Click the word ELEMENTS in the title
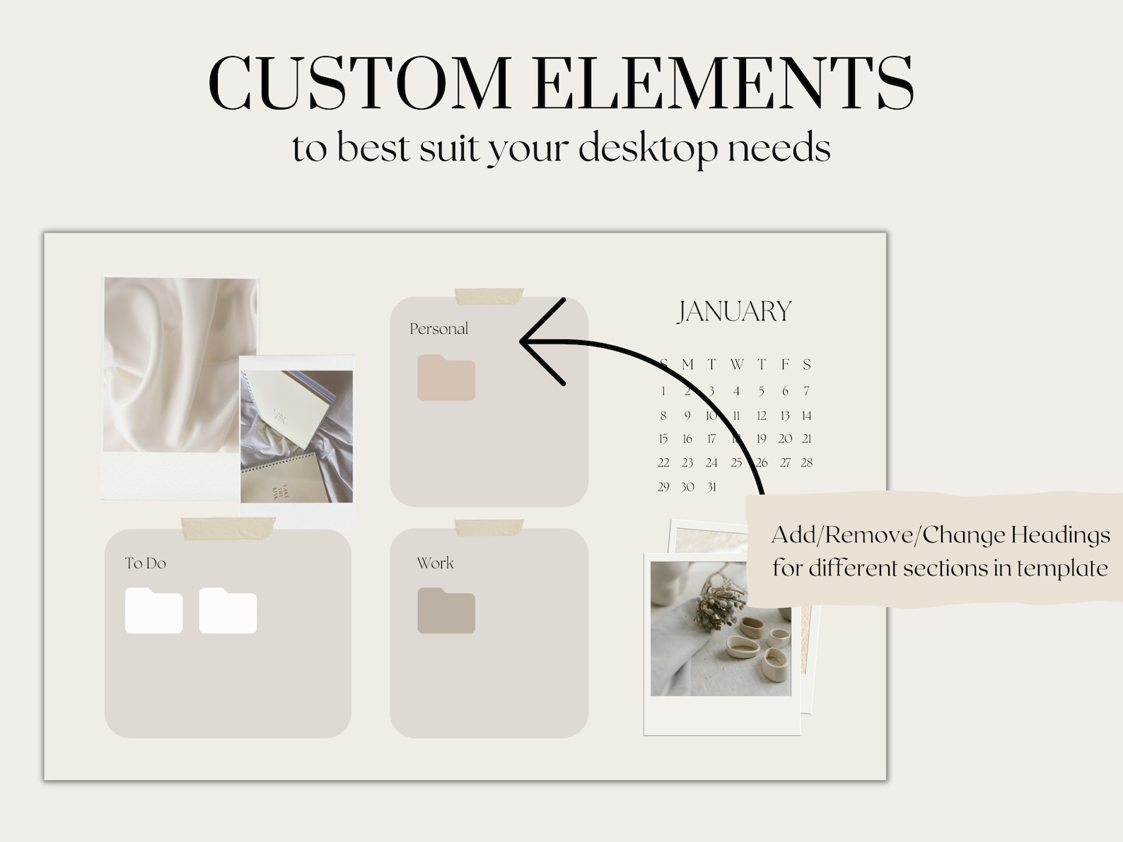(723, 83)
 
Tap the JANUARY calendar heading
(734, 312)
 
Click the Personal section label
(438, 329)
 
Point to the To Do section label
(145, 563)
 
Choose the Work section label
(435, 563)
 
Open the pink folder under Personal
(446, 378)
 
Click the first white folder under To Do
(153, 611)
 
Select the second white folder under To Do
(228, 611)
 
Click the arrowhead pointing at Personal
(527, 341)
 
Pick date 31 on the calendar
(711, 487)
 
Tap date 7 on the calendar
(806, 391)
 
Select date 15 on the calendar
(663, 439)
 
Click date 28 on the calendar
(806, 463)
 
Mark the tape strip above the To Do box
(228, 527)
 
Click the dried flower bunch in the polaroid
(715, 601)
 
